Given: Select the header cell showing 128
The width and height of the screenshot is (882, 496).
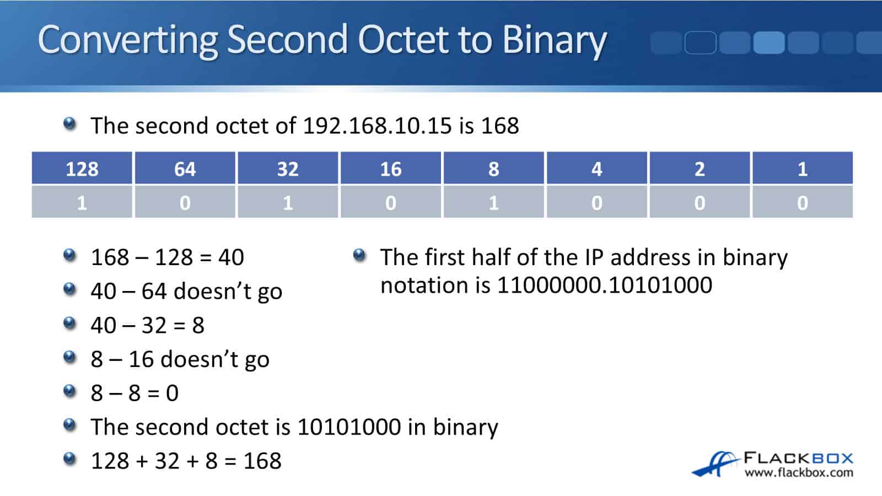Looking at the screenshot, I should [82, 169].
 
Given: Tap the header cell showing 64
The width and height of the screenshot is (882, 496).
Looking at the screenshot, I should [185, 169].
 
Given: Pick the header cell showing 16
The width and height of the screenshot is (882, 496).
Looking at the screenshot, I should [391, 169].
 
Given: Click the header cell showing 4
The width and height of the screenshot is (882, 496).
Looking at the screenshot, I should [596, 169].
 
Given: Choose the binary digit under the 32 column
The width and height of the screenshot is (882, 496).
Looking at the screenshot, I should [288, 203].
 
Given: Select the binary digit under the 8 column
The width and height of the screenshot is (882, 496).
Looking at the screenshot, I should [493, 203].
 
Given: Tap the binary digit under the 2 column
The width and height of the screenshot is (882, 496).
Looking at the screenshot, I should [700, 203].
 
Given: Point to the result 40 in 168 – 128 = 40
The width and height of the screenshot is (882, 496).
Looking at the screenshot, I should [231, 257].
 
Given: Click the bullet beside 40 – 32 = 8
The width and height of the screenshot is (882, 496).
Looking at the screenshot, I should [69, 323].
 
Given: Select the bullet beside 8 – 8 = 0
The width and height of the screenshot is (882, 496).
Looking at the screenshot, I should [69, 391].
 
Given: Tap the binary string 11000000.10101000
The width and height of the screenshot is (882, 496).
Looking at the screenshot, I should [604, 285].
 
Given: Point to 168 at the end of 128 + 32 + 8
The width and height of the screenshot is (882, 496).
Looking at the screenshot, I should [262, 461].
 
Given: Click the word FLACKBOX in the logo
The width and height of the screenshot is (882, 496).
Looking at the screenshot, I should [798, 458].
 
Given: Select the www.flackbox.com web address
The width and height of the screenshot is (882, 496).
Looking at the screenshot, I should [798, 473].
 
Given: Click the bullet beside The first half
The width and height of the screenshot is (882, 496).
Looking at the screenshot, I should [359, 255].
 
